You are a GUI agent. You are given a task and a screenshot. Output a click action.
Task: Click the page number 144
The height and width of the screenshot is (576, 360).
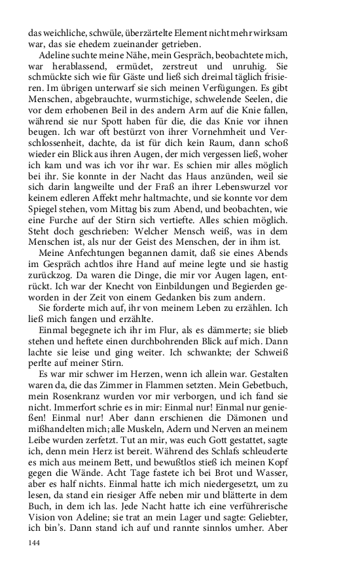[35, 543]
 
